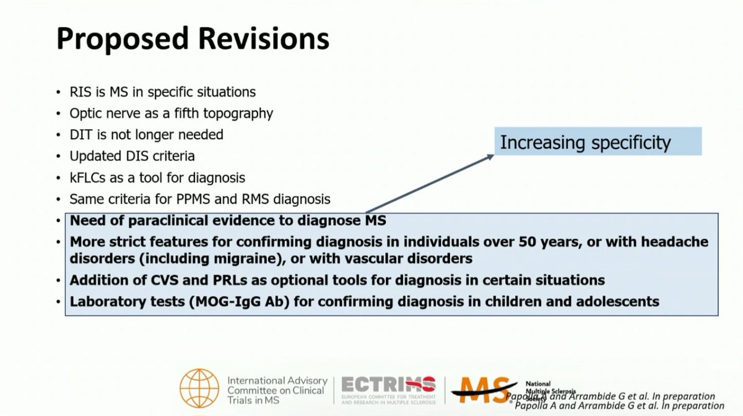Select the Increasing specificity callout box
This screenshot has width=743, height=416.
click(x=597, y=142)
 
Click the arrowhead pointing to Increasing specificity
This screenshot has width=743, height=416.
click(x=491, y=156)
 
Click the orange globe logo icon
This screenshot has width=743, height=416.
click(x=199, y=389)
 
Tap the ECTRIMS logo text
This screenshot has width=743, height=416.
click(x=389, y=384)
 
